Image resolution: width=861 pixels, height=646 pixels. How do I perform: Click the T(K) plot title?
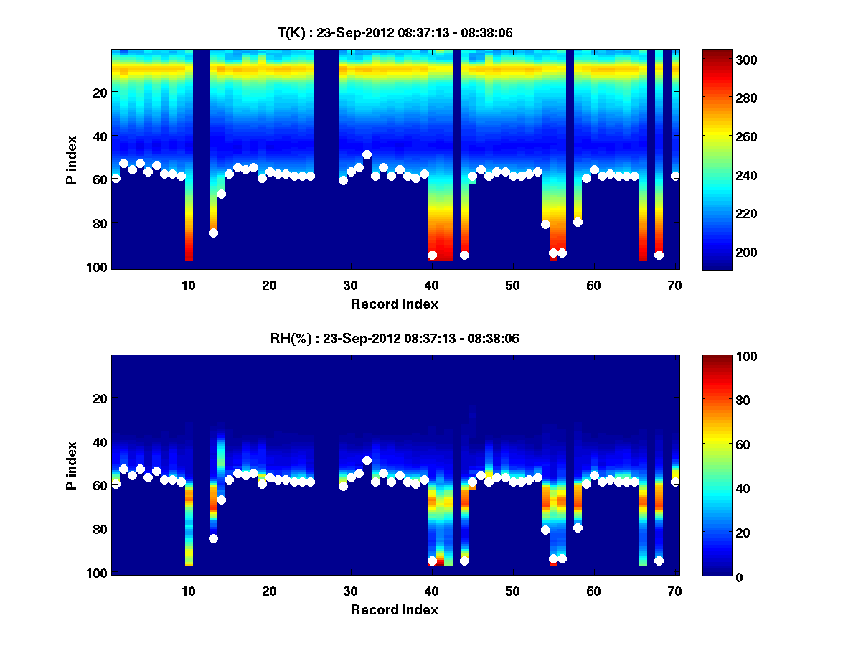coord(395,33)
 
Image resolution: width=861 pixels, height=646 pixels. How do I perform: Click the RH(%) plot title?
coord(395,339)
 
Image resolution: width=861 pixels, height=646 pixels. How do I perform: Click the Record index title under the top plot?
coord(394,304)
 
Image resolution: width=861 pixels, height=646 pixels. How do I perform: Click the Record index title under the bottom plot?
coord(394,609)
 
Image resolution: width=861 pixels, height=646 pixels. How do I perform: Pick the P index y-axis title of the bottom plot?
coord(72,465)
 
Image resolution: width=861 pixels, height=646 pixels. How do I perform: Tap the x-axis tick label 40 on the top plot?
coord(431,285)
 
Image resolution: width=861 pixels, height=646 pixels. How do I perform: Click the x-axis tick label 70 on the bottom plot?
coord(674,591)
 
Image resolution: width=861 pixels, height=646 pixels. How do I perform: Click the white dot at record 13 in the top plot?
coord(213,233)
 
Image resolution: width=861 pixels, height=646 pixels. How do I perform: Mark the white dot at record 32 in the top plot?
coord(367,154)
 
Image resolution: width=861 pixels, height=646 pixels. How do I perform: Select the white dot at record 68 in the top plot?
coord(659,255)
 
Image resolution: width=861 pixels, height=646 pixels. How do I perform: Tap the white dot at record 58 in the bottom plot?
coord(578,528)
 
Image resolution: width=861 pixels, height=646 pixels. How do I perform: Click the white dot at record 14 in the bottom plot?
coord(221,500)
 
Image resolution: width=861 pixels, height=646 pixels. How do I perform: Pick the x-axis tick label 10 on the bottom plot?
coord(188,591)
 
